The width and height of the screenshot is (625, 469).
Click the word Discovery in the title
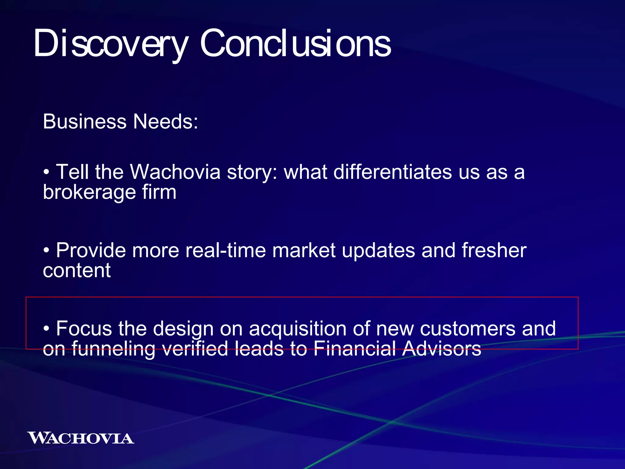click(x=110, y=43)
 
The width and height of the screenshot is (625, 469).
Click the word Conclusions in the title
click(x=295, y=43)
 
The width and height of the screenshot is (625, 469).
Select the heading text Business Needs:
click(x=121, y=122)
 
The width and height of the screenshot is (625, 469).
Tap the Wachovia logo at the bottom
click(x=81, y=438)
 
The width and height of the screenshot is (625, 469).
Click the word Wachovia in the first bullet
click(x=175, y=172)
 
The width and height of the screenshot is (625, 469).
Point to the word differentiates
click(x=392, y=172)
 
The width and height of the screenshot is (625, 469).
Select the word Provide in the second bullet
click(x=91, y=250)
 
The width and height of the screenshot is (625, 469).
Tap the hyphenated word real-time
click(x=226, y=250)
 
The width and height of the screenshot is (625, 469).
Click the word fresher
click(x=494, y=250)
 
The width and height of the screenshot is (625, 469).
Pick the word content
click(x=77, y=271)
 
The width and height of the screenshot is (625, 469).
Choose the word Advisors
click(x=442, y=349)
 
